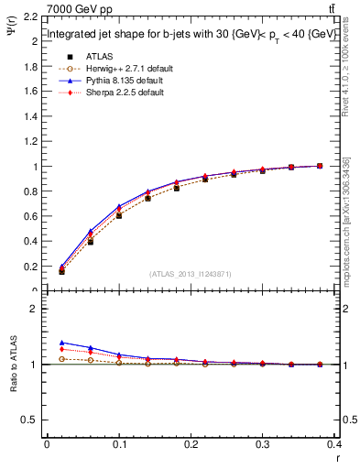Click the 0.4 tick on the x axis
(333, 445)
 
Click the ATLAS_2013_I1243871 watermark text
(191, 274)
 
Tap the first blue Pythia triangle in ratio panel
(61, 342)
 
